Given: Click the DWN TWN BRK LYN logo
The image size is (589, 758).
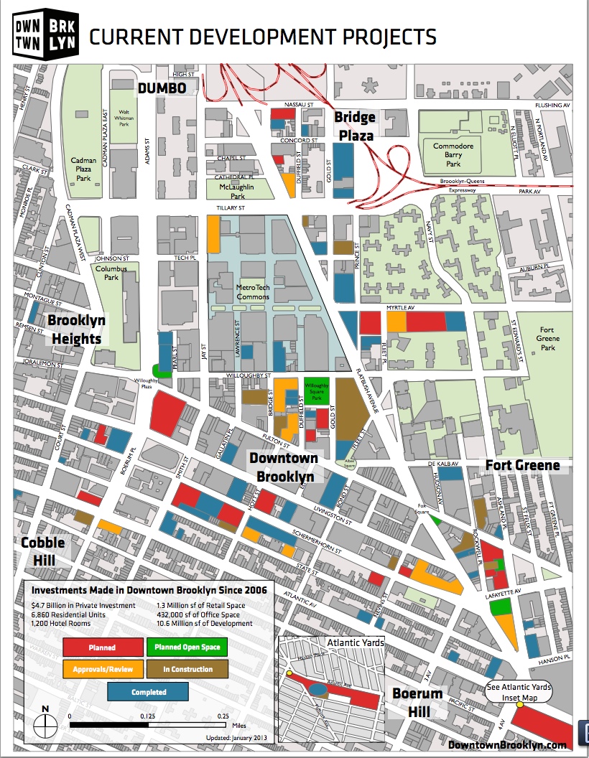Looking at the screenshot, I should (45, 33).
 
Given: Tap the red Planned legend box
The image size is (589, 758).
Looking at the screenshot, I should (102, 647).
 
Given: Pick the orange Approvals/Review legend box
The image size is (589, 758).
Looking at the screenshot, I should (102, 669).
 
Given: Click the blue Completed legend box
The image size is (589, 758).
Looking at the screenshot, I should (148, 692).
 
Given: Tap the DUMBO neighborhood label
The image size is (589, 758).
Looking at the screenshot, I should (162, 88).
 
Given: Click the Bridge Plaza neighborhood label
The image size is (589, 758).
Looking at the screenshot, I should (354, 126).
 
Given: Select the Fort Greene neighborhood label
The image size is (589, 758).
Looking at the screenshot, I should (522, 465).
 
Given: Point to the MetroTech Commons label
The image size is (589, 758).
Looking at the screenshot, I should (253, 291).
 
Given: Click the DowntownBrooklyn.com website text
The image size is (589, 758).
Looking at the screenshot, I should (507, 745).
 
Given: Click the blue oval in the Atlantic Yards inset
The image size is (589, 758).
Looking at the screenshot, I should (316, 689).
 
